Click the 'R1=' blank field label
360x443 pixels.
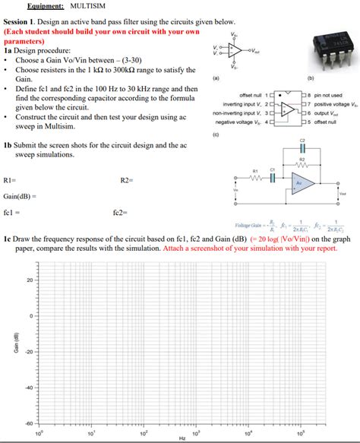coord(10,180)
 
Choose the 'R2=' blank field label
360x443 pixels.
coord(126,180)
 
